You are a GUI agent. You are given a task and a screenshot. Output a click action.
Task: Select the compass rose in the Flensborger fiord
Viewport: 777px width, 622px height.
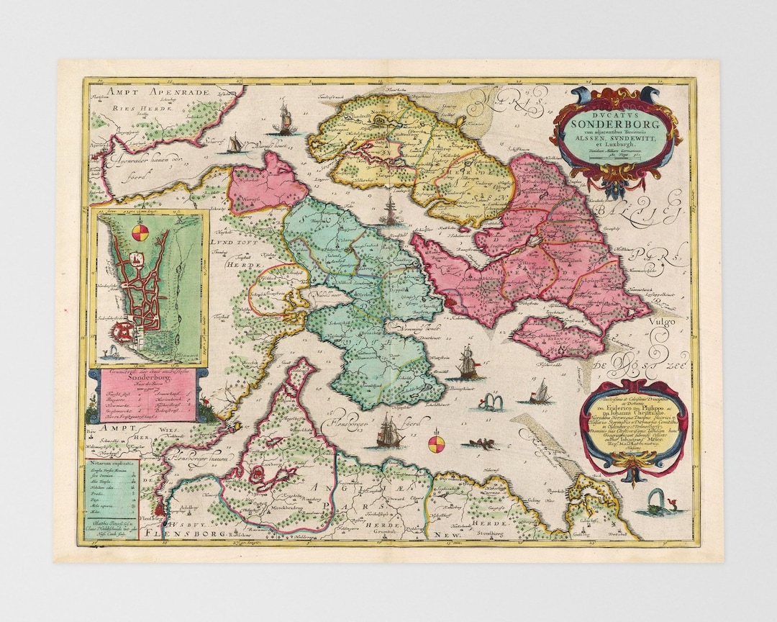(x=436, y=441)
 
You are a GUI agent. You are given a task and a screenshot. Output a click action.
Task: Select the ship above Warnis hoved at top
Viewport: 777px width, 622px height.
(x=284, y=117)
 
